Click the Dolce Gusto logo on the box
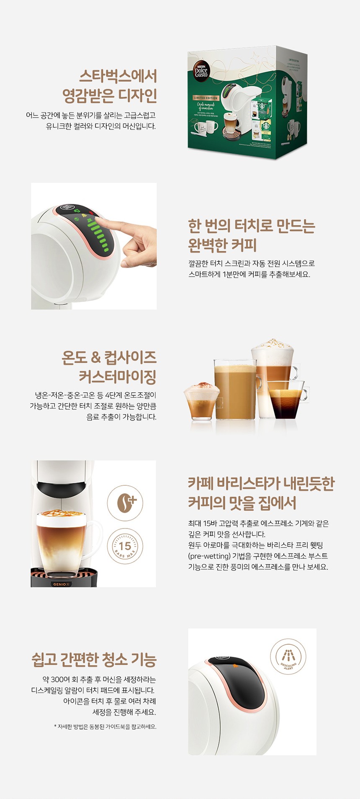tap(201, 70)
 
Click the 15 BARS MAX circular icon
tap(125, 546)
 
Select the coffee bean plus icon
tap(125, 503)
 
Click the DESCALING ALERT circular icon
tap(288, 657)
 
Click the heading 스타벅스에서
tap(118, 76)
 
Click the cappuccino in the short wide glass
tap(201, 401)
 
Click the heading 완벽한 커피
tap(222, 245)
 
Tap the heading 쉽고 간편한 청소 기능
tap(94, 660)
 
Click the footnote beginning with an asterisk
tap(105, 727)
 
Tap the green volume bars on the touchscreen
tap(98, 235)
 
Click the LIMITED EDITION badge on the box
tap(206, 98)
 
